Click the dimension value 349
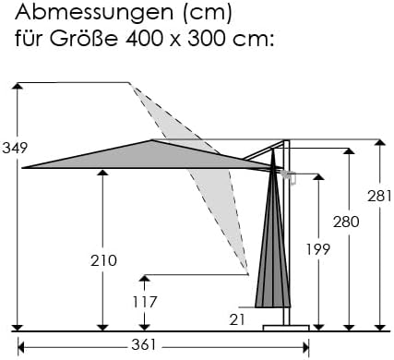coord(15,149)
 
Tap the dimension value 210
coord(103,261)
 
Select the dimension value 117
coord(145,302)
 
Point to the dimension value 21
coord(237,320)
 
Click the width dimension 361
coord(144,345)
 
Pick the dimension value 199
coord(318,249)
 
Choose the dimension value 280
coord(346,222)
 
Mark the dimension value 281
coord(379,197)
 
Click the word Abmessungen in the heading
coord(94,14)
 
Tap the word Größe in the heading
coord(84,39)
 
